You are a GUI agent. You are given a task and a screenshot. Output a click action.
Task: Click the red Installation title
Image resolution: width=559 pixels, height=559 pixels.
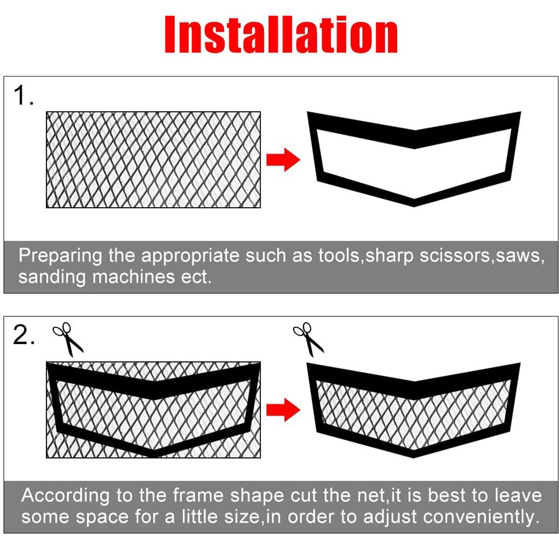[x=280, y=35]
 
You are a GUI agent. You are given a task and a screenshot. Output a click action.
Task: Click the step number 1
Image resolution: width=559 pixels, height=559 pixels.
[x=23, y=96]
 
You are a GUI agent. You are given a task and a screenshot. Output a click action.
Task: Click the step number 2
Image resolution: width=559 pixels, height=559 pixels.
[x=23, y=336]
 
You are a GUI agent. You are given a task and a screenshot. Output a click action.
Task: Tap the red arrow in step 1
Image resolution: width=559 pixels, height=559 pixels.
[x=283, y=161]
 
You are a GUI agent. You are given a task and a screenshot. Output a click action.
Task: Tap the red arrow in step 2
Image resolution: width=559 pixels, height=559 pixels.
[x=283, y=410]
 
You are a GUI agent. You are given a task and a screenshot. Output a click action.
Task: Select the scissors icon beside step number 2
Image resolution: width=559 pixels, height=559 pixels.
[x=68, y=339]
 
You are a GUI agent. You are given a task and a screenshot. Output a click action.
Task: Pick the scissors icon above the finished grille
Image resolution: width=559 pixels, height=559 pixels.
[x=308, y=339]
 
